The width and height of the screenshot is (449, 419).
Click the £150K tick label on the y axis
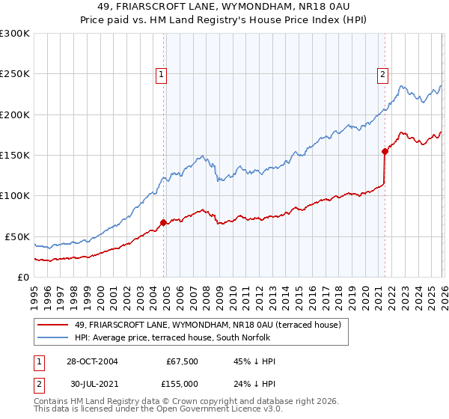click(x=15, y=156)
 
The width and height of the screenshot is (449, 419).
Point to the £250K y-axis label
click(x=15, y=74)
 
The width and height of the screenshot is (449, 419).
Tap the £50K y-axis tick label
click(x=17, y=236)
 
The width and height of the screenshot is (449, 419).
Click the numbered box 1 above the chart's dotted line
click(x=162, y=74)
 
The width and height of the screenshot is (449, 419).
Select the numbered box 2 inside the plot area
click(x=382, y=74)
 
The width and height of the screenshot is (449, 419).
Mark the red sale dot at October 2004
click(x=163, y=222)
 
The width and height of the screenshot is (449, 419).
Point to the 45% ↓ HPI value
click(x=254, y=361)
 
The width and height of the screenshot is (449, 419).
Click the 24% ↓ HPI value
click(x=254, y=383)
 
